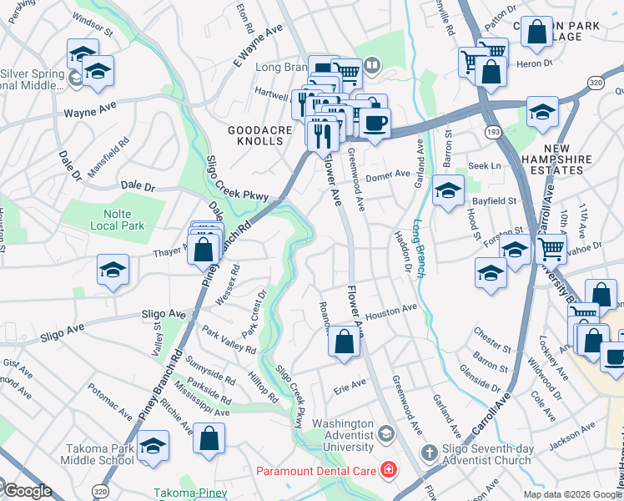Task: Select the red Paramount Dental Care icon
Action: (388, 471)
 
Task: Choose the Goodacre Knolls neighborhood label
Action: (256, 135)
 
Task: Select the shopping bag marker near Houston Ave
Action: (344, 342)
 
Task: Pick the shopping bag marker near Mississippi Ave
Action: (209, 438)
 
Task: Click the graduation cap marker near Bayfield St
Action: (448, 191)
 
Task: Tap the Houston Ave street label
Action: (390, 309)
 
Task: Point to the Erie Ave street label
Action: (350, 387)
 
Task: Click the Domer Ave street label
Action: (389, 175)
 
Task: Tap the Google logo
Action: (28, 491)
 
